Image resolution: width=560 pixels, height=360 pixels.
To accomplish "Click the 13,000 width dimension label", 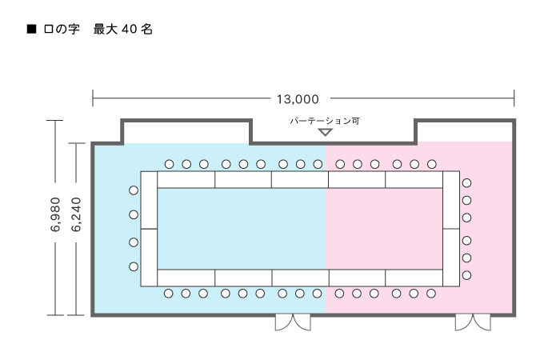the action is [298, 99].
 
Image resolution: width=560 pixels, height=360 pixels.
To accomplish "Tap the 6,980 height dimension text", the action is [55, 214].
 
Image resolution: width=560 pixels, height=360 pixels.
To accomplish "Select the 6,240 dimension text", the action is [76, 214].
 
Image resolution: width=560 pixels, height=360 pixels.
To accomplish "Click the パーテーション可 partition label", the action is [325, 121].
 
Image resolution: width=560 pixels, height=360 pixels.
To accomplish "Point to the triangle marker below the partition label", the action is [325, 132].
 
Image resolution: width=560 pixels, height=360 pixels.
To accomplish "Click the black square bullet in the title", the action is [32, 29].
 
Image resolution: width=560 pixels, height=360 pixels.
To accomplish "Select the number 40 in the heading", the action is [129, 29].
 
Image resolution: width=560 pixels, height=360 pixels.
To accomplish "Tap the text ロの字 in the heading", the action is [62, 29].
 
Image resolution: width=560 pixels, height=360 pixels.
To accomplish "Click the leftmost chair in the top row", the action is [170, 164].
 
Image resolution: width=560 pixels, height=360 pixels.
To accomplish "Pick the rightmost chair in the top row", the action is [432, 164].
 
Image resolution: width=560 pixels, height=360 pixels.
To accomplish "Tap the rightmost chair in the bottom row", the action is [431, 294].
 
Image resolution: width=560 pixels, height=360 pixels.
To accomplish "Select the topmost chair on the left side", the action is [134, 190].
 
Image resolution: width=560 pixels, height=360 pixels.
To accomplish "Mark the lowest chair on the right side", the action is [466, 275].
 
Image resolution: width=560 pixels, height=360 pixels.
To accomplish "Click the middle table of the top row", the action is [300, 180].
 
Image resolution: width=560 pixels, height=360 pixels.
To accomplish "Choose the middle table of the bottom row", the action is [300, 278].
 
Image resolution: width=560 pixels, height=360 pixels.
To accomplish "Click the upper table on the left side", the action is [149, 200].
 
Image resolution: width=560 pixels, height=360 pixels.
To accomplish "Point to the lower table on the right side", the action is [451, 258].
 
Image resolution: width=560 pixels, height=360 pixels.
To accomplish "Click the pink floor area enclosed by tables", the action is [384, 229].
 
